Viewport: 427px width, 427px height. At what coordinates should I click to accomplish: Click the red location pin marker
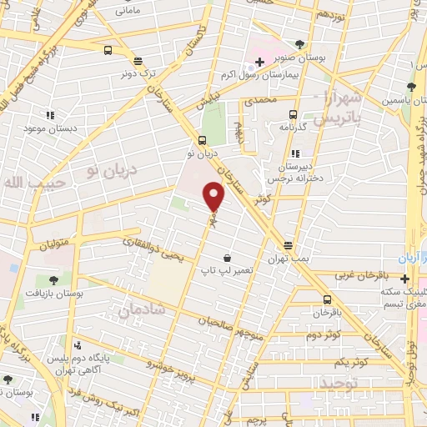click(x=215, y=196)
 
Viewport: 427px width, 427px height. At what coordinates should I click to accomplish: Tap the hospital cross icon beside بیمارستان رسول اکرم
click(x=259, y=62)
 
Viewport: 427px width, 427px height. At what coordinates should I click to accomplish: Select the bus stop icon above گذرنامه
click(x=293, y=115)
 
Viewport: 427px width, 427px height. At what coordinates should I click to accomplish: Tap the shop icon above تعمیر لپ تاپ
click(x=226, y=258)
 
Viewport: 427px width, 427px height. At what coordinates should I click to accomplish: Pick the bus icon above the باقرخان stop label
click(x=327, y=301)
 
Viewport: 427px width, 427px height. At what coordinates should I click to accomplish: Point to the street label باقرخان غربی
click(x=362, y=274)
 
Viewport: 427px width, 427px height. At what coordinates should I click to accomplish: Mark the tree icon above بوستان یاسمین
click(x=409, y=86)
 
